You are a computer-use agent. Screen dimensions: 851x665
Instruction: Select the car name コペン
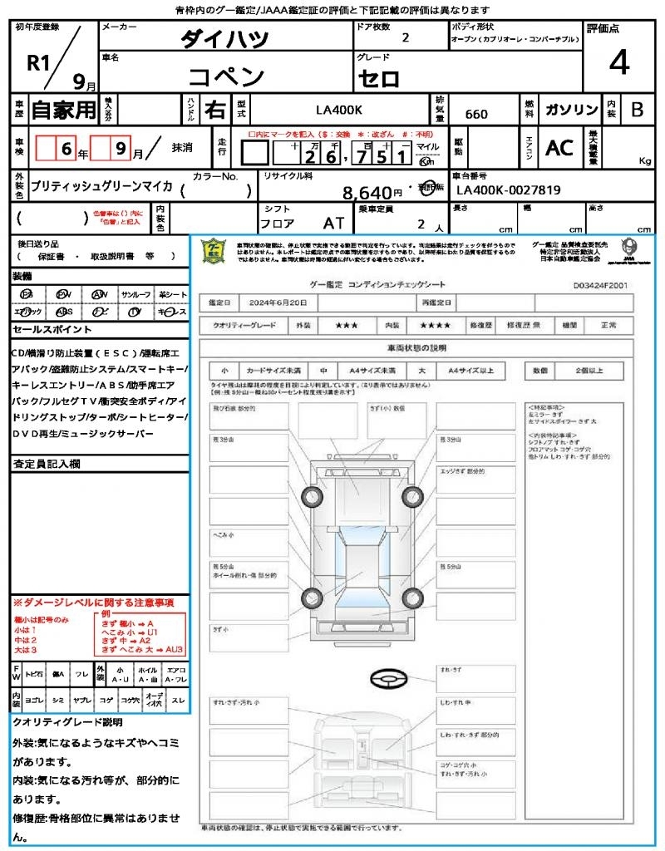[226, 77]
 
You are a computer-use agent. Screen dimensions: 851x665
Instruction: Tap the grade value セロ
[379, 79]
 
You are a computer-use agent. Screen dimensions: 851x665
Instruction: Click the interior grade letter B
[636, 110]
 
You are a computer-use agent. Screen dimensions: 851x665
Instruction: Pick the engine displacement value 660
[476, 114]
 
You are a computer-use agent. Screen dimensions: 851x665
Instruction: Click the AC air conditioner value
[559, 148]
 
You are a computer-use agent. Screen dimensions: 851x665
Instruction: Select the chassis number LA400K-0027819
[508, 190]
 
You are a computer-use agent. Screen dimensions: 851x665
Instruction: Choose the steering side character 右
[215, 110]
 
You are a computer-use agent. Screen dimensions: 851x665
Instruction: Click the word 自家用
[63, 110]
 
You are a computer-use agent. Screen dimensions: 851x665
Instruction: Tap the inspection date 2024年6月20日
[275, 303]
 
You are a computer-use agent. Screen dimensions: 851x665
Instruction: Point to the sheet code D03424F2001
[600, 284]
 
